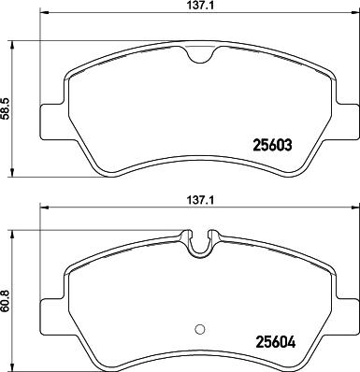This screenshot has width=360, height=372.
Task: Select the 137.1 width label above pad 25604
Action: point(194,198)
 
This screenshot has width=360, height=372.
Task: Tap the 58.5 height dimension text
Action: point(7,109)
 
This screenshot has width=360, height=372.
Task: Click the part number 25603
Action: point(274,145)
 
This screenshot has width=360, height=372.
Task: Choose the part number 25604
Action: point(274,341)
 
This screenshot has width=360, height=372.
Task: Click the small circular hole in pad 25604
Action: point(197,328)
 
